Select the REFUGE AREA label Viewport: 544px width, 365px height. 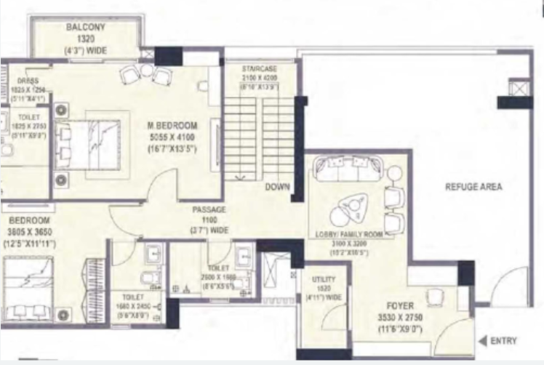coord(473,187)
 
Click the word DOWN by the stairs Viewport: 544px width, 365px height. coord(277,187)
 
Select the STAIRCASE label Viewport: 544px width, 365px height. coord(260,68)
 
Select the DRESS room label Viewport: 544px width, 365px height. coord(28,81)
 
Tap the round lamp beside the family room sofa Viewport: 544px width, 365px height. coord(393,173)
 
